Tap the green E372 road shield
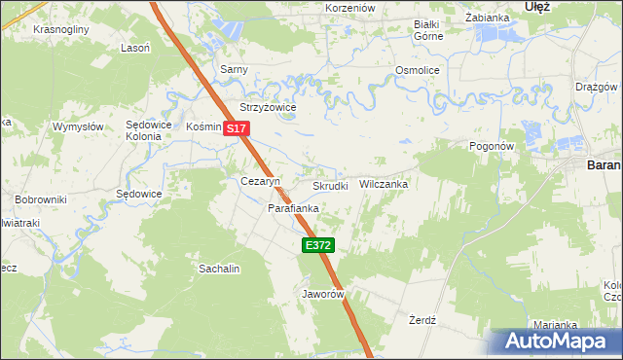(x=318, y=246)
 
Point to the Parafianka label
(x=294, y=208)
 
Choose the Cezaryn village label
(x=260, y=182)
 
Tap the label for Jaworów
(x=324, y=293)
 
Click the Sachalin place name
(x=219, y=268)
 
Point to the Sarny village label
(x=234, y=70)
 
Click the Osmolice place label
(x=418, y=71)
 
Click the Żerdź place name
(x=421, y=319)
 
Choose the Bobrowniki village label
(x=40, y=199)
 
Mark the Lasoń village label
(x=134, y=48)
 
